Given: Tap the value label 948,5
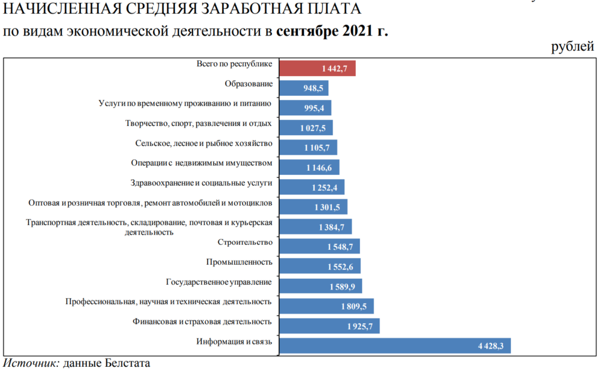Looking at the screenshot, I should [314, 89].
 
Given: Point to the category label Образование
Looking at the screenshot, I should [249, 84].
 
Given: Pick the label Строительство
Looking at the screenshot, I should [245, 242].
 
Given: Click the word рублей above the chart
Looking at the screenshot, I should [573, 47].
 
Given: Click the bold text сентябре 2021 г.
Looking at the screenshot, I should [331, 30].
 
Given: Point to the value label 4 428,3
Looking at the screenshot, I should [490, 346].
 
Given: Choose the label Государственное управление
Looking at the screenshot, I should [219, 282].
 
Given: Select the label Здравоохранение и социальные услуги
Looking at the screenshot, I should [201, 183].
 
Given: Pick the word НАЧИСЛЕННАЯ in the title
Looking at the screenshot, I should [51, 9].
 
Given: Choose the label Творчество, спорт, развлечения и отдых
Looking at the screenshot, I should [199, 123].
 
